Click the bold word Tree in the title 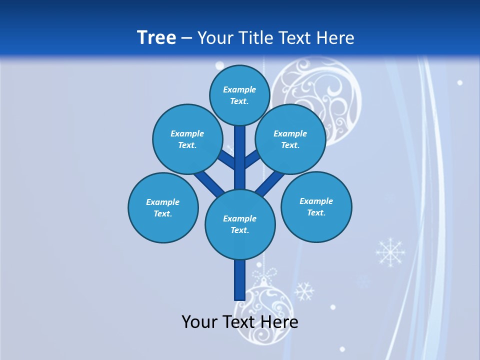click(156, 37)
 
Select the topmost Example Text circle click(239, 95)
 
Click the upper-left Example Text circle click(187, 139)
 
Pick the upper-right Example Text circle click(290, 139)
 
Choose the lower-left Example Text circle click(162, 207)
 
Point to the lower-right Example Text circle click(316, 206)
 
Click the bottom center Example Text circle click(239, 224)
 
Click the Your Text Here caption click(239, 321)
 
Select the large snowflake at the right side click(390, 251)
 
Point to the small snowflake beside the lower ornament click(304, 290)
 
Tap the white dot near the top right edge click(460, 82)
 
